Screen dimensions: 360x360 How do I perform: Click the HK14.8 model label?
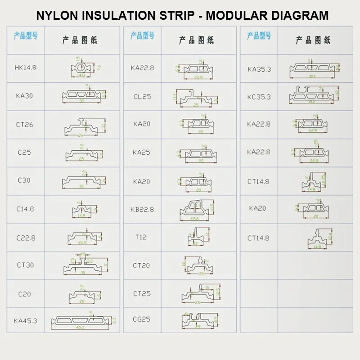[x=26, y=67]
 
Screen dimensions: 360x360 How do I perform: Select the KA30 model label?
[x=24, y=96]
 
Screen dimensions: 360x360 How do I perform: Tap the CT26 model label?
[x=25, y=125]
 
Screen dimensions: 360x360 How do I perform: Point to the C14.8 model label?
[x=25, y=209]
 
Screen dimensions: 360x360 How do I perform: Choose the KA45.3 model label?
[x=26, y=321]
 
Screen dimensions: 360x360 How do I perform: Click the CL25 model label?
[x=142, y=96]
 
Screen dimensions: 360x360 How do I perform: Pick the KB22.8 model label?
[x=142, y=209]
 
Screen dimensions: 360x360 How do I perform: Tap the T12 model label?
[x=141, y=237]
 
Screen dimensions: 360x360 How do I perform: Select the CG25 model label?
[x=142, y=319]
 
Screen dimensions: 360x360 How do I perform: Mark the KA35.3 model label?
[x=259, y=69]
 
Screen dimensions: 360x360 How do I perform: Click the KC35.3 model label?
[x=259, y=97]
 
